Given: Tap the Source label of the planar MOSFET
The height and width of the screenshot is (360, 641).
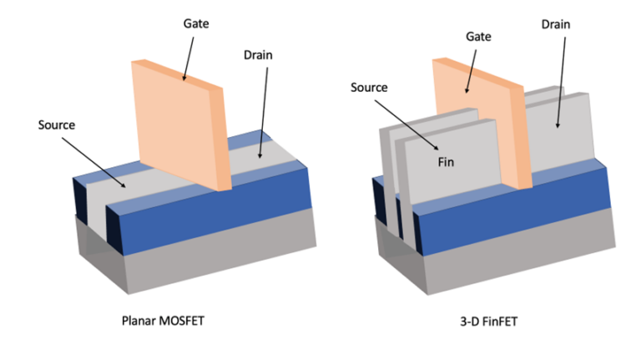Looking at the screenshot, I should [57, 125].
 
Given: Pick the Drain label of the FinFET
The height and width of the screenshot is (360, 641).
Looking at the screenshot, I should [554, 24].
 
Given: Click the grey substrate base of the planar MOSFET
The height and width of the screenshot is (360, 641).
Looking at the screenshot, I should [209, 251].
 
